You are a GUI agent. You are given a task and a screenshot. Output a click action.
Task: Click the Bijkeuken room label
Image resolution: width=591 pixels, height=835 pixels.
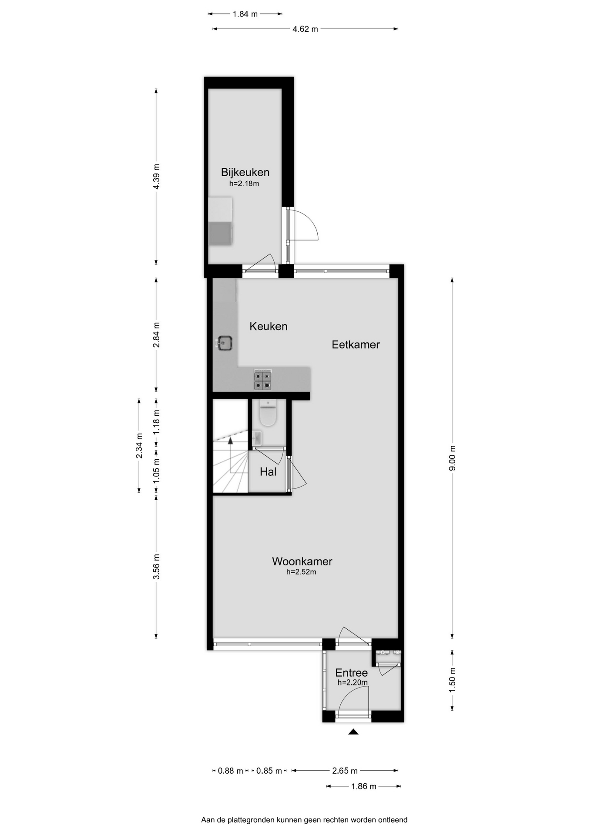coord(245,172)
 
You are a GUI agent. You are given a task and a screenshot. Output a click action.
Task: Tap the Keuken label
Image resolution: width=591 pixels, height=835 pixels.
coord(268,326)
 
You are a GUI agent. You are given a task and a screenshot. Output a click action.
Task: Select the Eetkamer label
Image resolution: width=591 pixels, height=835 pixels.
coord(356,344)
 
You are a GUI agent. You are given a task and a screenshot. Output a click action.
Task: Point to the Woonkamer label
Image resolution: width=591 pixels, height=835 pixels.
coord(302,561)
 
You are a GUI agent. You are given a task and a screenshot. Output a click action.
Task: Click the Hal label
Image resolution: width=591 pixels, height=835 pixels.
coord(268,472)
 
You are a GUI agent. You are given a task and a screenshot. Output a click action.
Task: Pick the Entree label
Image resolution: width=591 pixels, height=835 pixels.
coord(351,673)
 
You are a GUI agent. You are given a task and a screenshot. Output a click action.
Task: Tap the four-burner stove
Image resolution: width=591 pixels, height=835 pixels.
coord(263,381)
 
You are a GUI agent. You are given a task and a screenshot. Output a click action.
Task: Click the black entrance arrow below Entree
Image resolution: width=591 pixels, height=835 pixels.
coord(353,732)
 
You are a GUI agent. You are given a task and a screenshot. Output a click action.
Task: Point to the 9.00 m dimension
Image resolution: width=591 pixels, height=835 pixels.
coord(453,458)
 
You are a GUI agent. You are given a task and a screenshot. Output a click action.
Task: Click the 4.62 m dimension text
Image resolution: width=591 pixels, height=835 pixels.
coord(305,29)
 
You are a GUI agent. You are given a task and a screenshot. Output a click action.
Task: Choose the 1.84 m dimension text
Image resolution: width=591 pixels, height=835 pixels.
coord(245,14)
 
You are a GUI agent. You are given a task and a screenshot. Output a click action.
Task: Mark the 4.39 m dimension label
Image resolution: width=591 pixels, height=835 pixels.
coord(157,176)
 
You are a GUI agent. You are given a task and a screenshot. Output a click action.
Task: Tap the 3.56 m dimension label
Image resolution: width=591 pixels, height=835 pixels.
coord(157,567)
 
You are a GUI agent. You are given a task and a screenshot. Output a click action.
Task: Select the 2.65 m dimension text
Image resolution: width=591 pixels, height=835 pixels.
coord(345,771)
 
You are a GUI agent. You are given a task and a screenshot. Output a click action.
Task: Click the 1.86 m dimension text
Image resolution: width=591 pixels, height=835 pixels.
coord(364,786)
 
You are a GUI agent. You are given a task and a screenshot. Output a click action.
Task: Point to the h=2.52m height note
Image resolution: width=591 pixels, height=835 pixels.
coord(301,572)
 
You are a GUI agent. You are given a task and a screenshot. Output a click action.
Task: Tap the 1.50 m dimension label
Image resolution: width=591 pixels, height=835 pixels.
coord(453,680)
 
